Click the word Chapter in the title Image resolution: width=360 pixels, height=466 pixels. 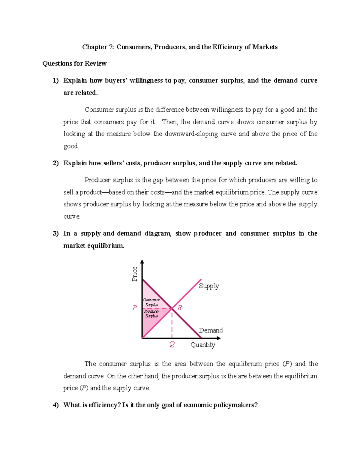(x=94, y=47)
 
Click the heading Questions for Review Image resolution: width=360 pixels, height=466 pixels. (x=74, y=64)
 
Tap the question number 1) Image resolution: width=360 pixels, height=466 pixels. (x=56, y=81)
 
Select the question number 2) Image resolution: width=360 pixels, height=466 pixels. (x=56, y=163)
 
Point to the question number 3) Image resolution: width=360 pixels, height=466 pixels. (x=56, y=234)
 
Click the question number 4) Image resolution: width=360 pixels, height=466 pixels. (x=56, y=405)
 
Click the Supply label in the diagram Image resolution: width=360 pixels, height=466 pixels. (x=209, y=286)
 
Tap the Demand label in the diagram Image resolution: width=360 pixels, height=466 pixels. (x=211, y=330)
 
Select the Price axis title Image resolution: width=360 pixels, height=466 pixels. (x=135, y=274)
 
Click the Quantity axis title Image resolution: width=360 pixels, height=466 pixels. (x=203, y=345)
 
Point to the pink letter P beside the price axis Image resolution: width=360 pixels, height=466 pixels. (x=135, y=308)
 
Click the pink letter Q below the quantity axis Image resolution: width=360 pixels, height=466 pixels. (x=172, y=344)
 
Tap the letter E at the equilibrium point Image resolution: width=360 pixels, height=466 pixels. (x=179, y=308)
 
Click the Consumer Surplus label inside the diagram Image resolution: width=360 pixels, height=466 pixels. (x=151, y=302)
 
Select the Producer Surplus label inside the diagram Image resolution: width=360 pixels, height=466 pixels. (x=151, y=314)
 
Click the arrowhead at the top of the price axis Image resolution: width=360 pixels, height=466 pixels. (x=142, y=262)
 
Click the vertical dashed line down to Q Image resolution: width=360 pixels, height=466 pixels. (x=172, y=324)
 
